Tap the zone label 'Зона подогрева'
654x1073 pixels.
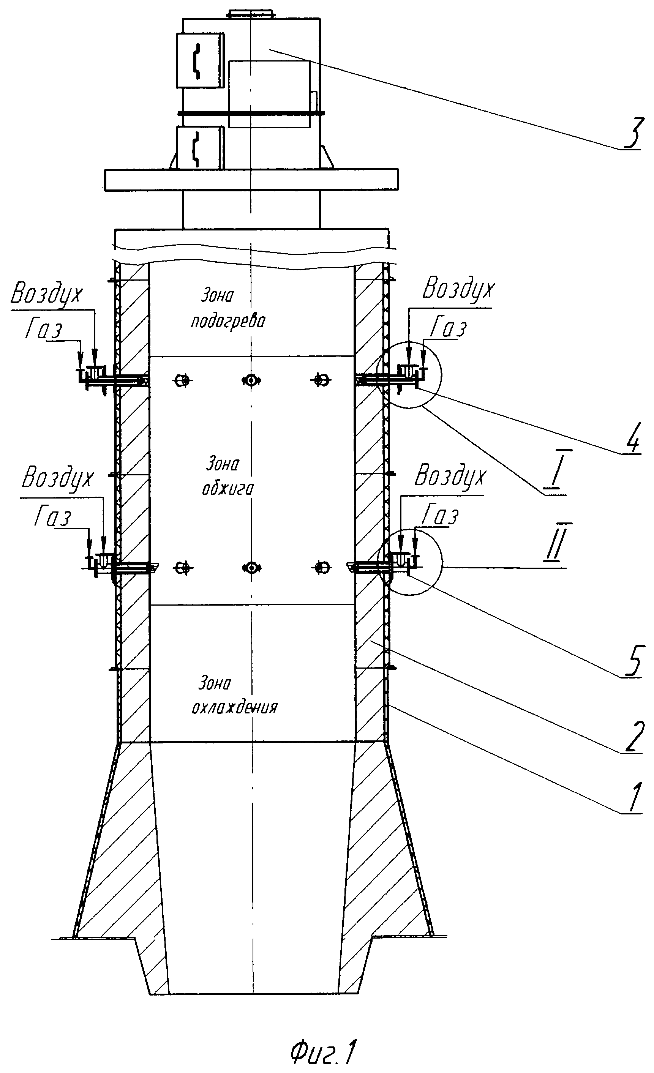[x=228, y=309]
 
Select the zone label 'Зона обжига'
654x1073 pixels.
[x=227, y=476]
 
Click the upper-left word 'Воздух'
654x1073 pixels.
[x=46, y=295]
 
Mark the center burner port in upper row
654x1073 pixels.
[x=251, y=380]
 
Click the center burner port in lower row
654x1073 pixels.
[x=251, y=568]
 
